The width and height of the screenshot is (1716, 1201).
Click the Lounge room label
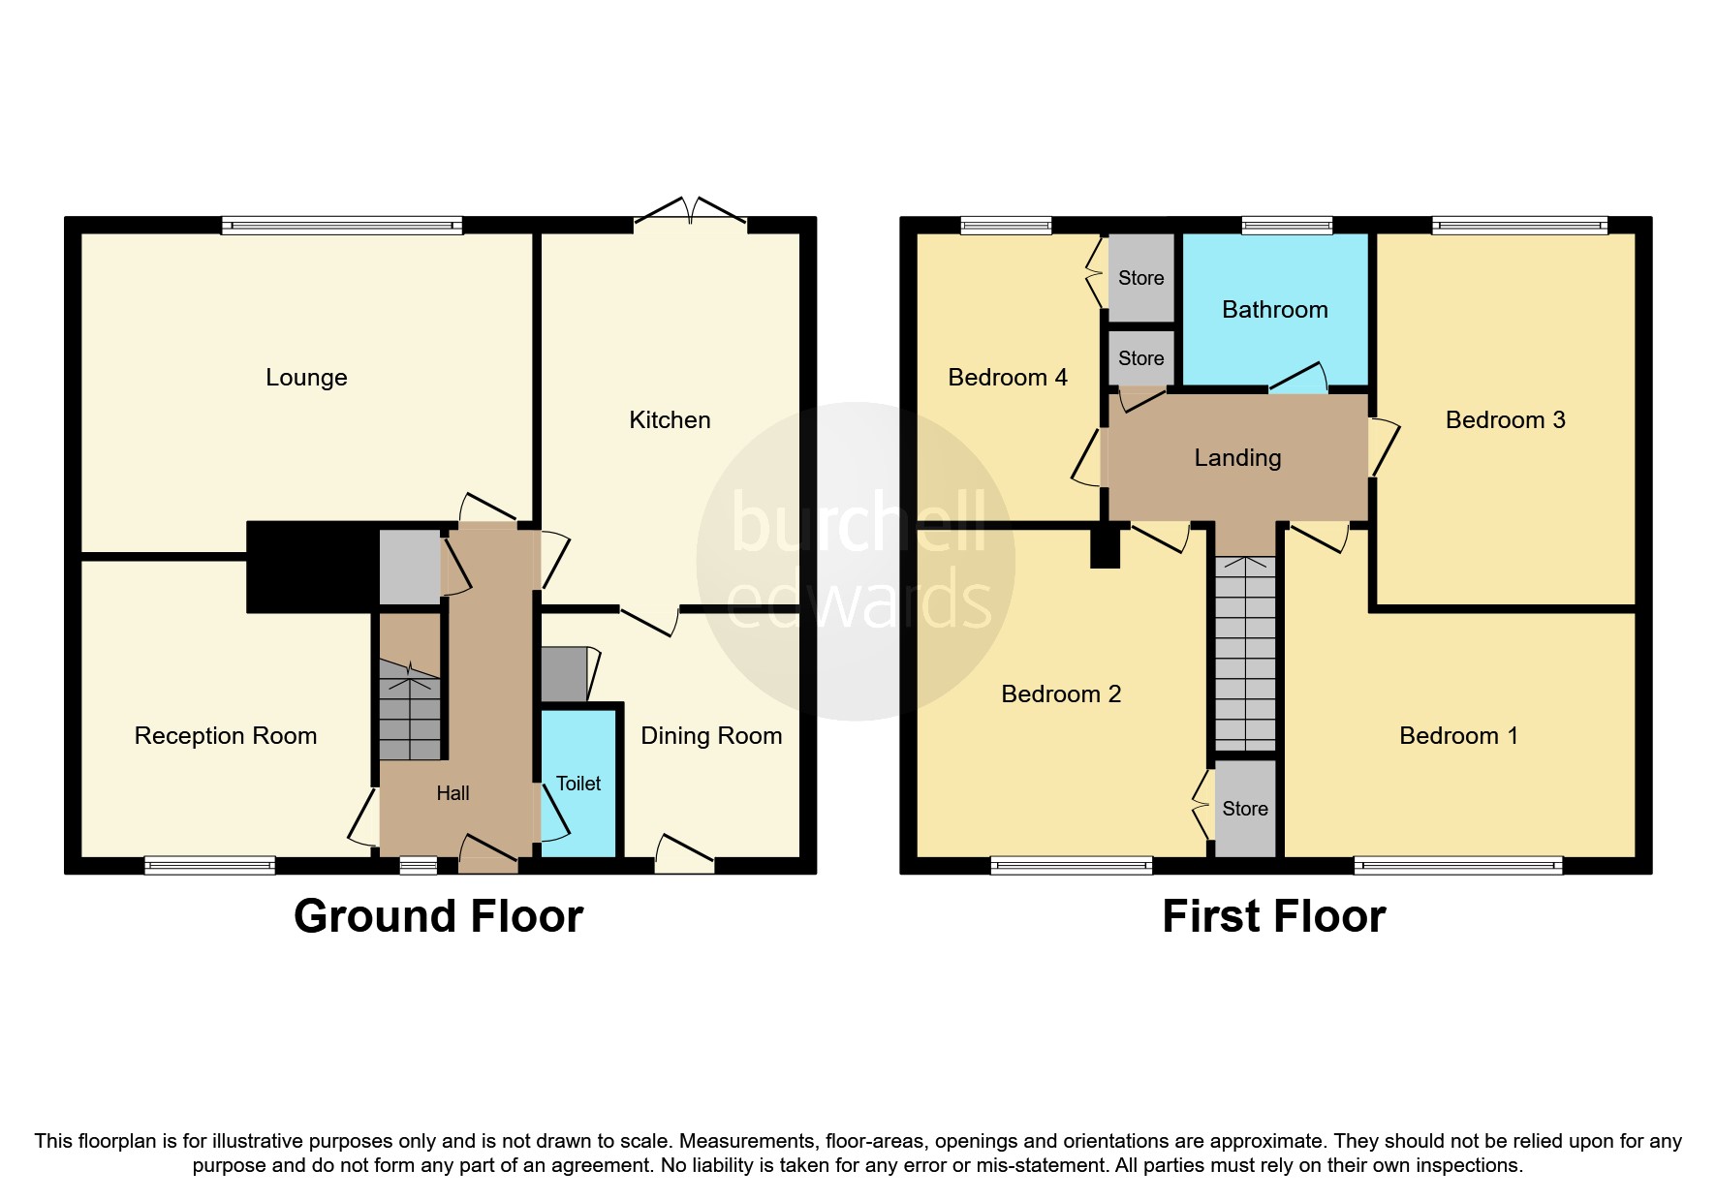point(306,378)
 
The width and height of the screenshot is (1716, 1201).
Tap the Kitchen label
point(670,419)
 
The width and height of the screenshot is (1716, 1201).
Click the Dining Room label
point(711,736)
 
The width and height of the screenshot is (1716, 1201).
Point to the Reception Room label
point(226,736)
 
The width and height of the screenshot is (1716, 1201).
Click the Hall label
point(452,793)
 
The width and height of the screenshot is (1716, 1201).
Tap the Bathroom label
point(1274,310)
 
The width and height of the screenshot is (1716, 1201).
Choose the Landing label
point(1237,458)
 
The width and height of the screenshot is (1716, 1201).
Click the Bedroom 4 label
point(1007,378)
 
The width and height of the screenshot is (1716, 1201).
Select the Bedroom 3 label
point(1505,419)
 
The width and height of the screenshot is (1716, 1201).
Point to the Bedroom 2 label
point(1061,693)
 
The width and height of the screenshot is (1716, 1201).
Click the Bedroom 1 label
point(1458,736)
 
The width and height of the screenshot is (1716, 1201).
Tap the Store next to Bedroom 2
point(1245,809)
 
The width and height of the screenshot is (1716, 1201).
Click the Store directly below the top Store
point(1140,358)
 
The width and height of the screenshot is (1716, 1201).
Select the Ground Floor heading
point(438,916)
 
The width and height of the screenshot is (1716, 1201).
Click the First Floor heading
point(1273,916)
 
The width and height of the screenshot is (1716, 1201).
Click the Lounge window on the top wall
point(342,226)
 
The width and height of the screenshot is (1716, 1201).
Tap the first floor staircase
point(1245,654)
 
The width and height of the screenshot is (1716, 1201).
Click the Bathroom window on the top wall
point(1287,226)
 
